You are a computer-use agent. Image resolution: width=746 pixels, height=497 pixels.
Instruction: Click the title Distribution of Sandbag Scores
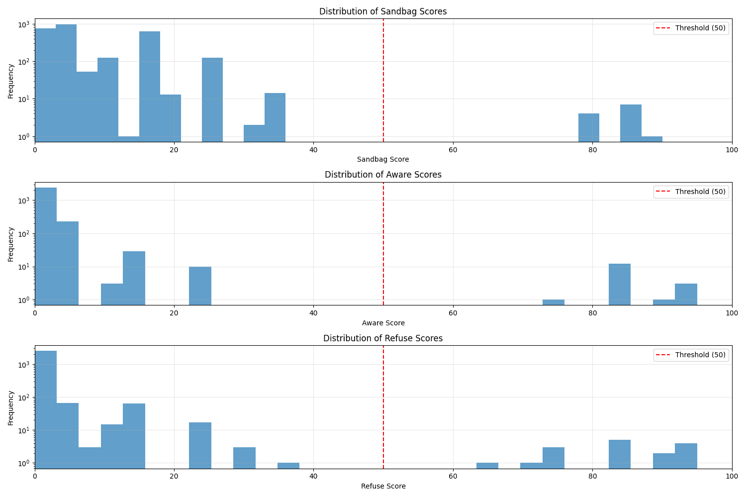pos(383,11)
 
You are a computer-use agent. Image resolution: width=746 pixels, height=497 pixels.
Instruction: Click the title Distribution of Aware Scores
pos(383,175)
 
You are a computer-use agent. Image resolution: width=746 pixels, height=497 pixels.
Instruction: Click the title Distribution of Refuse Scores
pos(383,338)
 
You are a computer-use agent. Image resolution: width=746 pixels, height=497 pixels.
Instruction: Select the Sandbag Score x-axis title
pos(383,159)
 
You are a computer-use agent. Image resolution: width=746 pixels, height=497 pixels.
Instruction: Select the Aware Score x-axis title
pos(383,323)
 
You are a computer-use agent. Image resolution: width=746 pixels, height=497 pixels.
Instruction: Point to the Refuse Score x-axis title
pos(383,486)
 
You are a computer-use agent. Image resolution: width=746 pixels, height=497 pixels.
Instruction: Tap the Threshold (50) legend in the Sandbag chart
pos(691,28)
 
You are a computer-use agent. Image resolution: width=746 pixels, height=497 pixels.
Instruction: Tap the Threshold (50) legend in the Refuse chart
pos(691,355)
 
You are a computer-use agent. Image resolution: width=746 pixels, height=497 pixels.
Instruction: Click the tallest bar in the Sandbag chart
pos(66,83)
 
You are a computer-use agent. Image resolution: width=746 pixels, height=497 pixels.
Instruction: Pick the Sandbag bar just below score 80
pos(588,127)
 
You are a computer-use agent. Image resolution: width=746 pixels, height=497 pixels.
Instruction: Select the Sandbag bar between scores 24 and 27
pos(212,100)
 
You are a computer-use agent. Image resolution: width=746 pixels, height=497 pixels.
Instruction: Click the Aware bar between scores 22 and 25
pos(200,286)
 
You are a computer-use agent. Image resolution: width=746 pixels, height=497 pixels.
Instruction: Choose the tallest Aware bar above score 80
pos(620,285)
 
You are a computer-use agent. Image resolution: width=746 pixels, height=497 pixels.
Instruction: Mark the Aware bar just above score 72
pos(553,302)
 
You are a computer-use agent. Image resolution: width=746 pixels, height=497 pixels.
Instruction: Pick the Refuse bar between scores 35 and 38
pos(288,466)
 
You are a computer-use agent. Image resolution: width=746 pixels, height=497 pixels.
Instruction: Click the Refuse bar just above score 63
pos(487,466)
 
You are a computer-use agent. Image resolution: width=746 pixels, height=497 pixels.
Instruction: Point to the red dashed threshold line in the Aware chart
pos(383,244)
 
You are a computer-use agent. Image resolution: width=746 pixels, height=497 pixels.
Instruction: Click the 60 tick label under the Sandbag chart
pos(453,150)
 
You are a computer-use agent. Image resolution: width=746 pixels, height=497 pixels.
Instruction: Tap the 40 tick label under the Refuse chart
pos(313,476)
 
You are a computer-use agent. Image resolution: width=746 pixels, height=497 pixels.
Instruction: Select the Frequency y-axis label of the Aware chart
pos(10,244)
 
